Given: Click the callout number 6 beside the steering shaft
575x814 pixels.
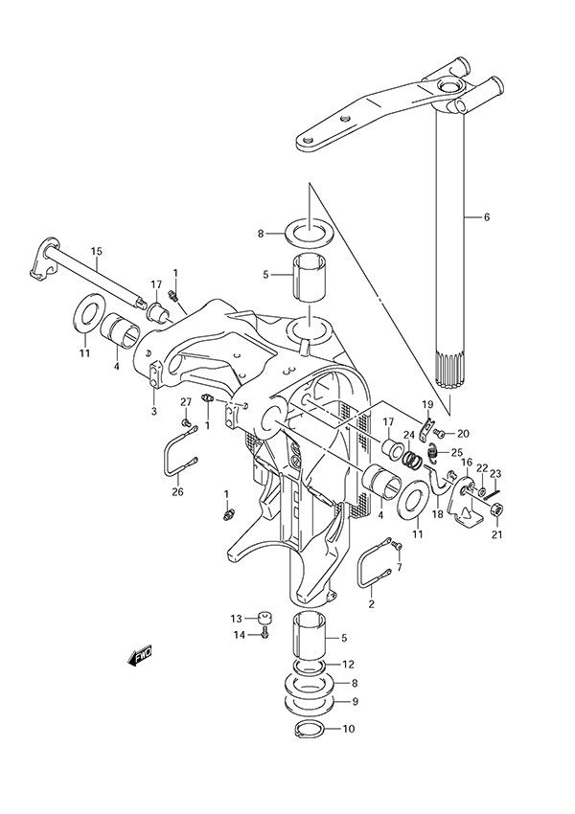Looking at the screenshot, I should point(486,217).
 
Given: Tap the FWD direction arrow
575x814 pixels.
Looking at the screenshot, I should point(140,657).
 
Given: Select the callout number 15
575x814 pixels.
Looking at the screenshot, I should point(96,252).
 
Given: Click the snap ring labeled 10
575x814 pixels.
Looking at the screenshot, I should point(308,730).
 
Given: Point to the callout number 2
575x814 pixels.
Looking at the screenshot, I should point(372,604).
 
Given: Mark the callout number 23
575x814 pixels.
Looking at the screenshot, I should point(495,472).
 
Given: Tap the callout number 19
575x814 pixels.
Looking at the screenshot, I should point(428,405).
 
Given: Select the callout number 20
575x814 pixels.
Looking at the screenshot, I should point(462,434).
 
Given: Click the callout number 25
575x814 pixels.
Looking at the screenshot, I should point(457,453).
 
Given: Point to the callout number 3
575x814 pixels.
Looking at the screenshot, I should point(152,411).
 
